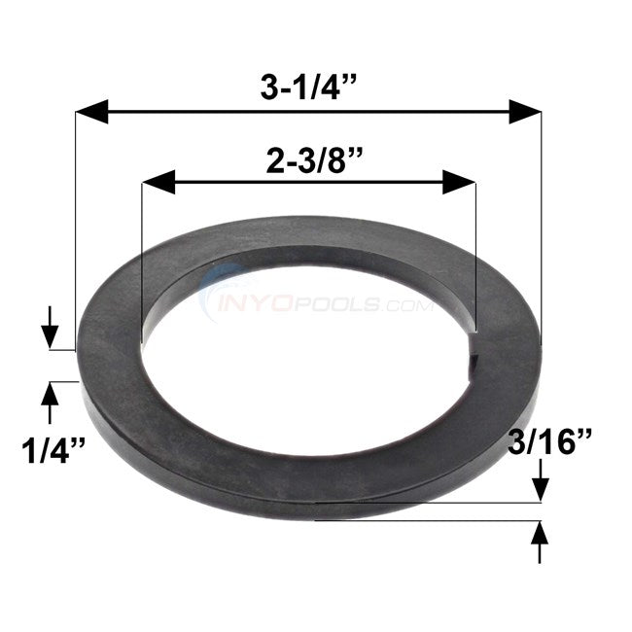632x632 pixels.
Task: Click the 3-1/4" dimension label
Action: click(308, 88)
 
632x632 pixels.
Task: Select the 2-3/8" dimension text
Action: click(314, 160)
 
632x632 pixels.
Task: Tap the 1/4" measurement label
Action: click(53, 450)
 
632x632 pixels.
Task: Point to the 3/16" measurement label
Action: click(549, 441)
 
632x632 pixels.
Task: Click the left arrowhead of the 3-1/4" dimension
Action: click(92, 112)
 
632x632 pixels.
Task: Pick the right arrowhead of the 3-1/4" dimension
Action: click(525, 112)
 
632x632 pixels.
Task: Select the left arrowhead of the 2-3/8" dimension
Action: click(158, 182)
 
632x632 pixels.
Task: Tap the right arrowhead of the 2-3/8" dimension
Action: click(459, 182)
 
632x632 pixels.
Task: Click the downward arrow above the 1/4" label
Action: click(50, 327)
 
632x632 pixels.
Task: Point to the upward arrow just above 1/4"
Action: click(50, 403)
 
